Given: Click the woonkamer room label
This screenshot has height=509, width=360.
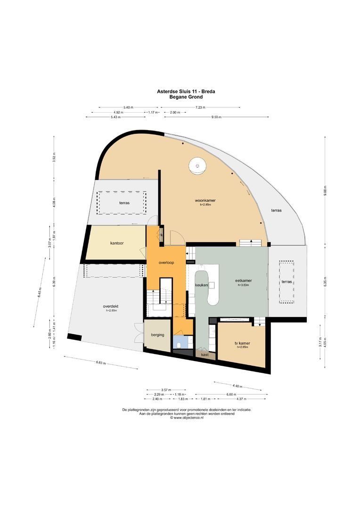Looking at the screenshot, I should coord(208,200).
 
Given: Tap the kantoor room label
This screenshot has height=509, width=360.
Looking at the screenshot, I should coord(117,243).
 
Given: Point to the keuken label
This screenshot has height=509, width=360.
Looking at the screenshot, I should coord(202,285).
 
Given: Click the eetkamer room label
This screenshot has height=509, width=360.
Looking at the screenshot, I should coord(243,281).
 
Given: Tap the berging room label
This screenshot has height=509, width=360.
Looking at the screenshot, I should coord(157,335).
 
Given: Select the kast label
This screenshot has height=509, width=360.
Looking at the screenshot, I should coord(205,354).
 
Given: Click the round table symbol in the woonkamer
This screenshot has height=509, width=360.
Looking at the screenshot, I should coord(197,165).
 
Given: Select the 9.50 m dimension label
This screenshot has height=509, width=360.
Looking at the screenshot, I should coord(216,117).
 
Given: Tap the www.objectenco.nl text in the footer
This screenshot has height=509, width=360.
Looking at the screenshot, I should coord(188,418).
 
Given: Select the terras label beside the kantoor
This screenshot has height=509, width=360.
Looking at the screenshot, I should coord(124,203).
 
